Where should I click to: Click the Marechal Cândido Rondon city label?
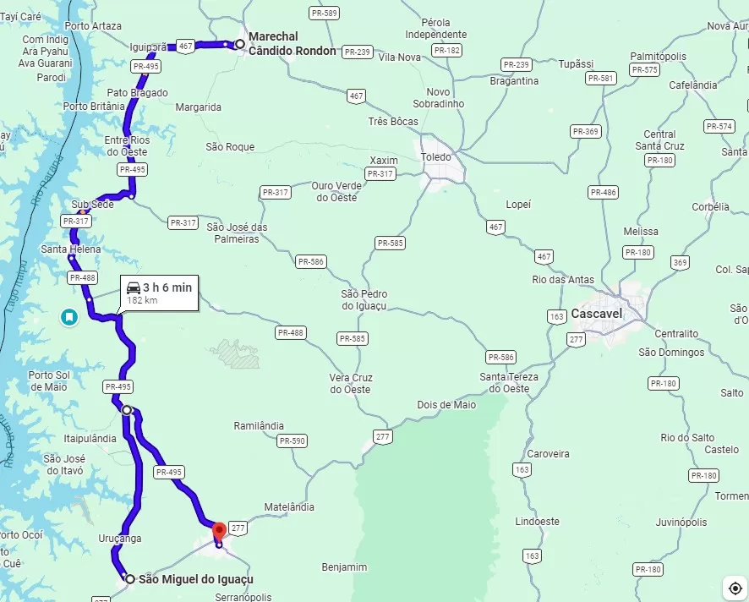click(x=292, y=44)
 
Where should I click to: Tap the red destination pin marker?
click(x=219, y=532)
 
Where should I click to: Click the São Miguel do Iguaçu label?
click(x=195, y=579)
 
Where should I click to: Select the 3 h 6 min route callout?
click(x=159, y=293)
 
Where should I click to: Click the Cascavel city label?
click(x=596, y=314)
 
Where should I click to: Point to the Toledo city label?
click(x=437, y=157)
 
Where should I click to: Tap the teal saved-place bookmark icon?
click(x=68, y=317)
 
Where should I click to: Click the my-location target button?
click(x=733, y=587)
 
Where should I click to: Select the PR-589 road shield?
click(x=324, y=13)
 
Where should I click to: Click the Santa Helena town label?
click(x=71, y=249)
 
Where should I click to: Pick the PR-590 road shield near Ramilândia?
click(x=292, y=441)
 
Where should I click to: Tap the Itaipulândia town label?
click(x=90, y=439)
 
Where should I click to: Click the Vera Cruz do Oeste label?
click(x=350, y=383)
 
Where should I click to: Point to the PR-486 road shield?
click(x=604, y=193)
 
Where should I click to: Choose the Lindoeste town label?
click(x=537, y=522)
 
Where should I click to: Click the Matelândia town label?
click(x=289, y=507)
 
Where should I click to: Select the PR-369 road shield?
click(x=585, y=131)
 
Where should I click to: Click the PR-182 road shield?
click(x=446, y=51)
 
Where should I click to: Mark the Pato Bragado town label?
click(x=137, y=93)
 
